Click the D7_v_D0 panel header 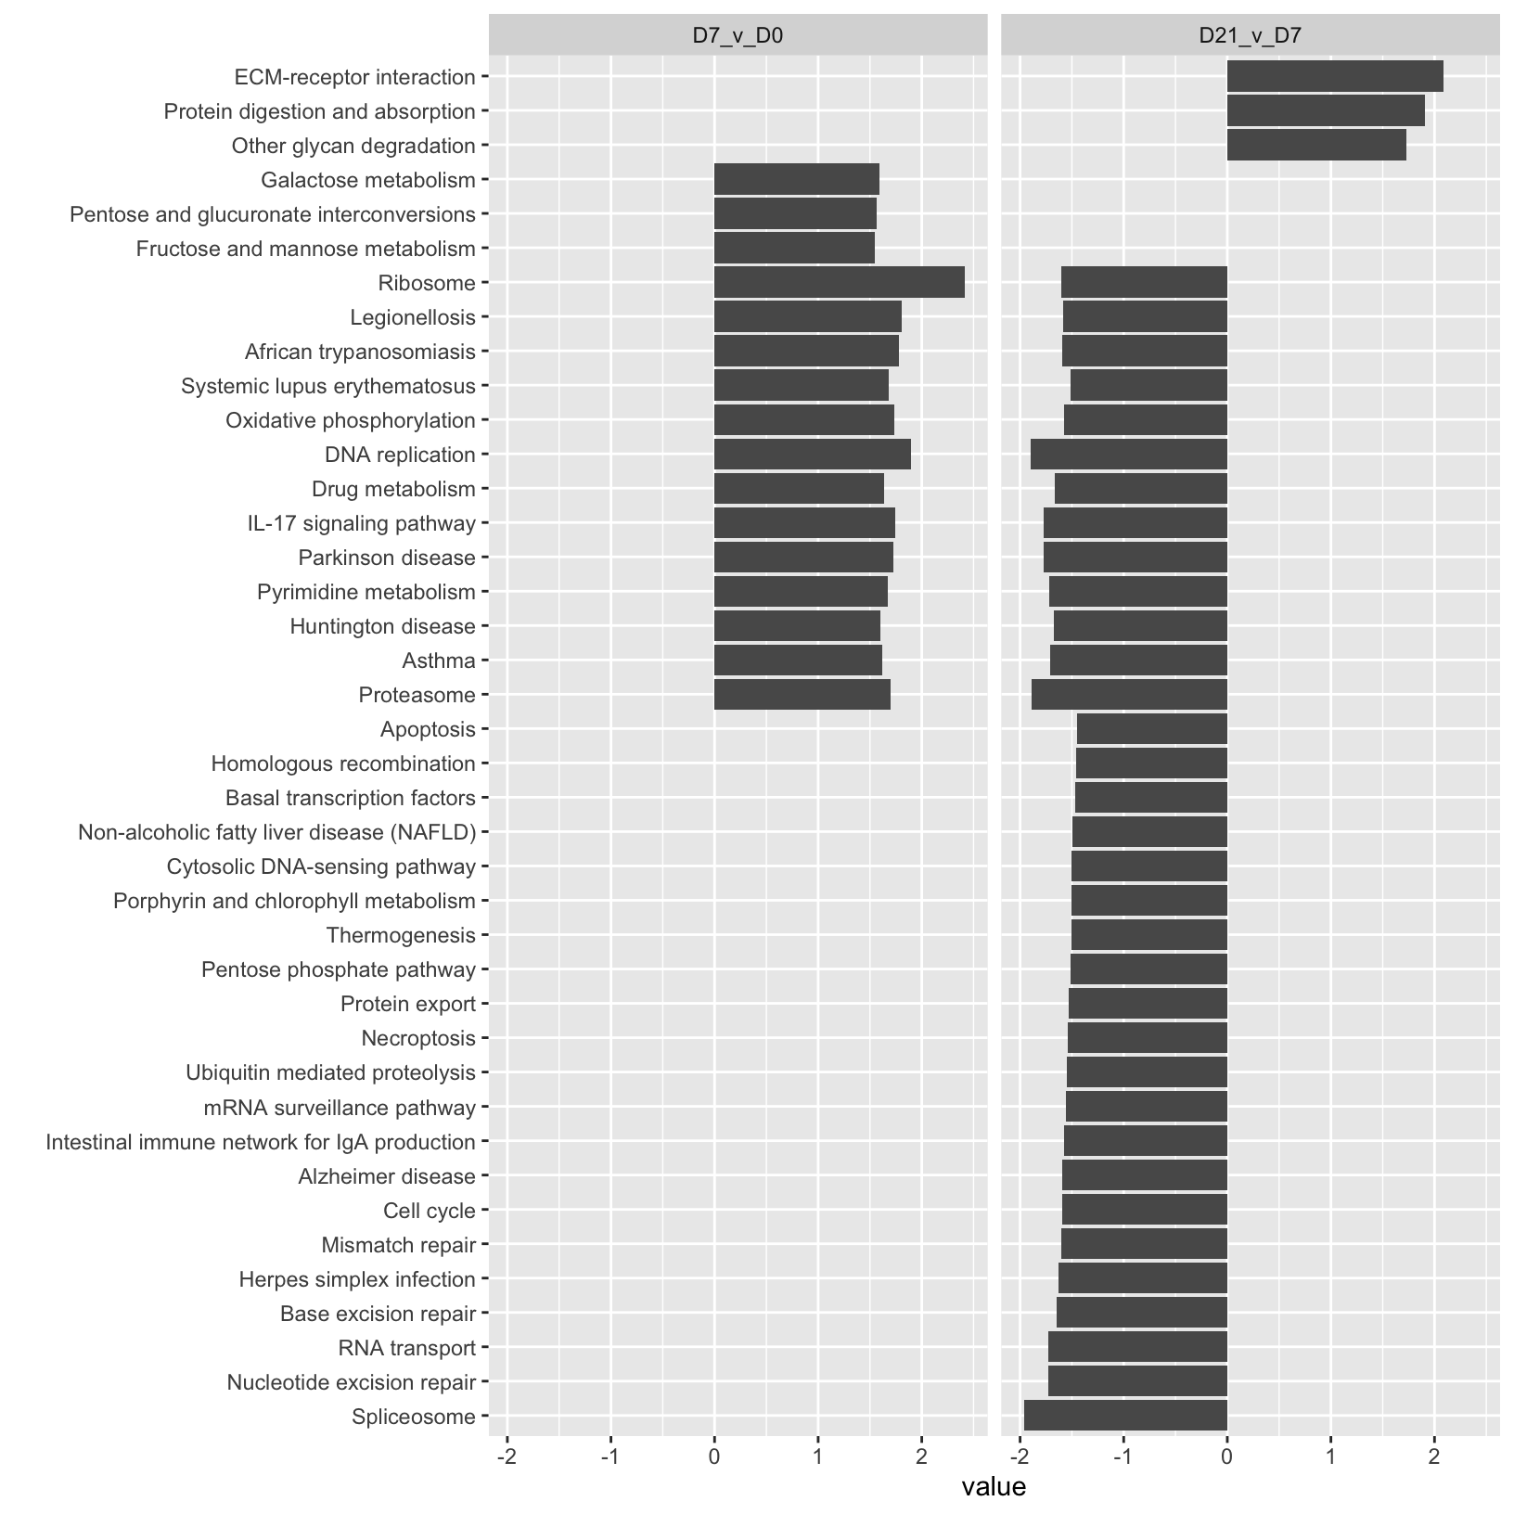click(738, 35)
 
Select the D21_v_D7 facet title click(1250, 35)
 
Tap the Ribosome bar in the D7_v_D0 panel click(839, 282)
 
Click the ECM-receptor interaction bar click(1334, 76)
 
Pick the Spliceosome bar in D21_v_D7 click(1124, 1416)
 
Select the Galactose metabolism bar click(796, 179)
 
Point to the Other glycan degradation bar click(1315, 145)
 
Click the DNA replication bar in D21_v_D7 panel click(1128, 454)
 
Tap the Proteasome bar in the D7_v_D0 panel click(802, 694)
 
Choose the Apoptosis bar click(1151, 728)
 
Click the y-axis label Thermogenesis click(401, 935)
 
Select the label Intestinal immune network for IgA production click(261, 1141)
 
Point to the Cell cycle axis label click(429, 1210)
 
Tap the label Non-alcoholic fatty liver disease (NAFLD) click(276, 832)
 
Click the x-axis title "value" click(994, 1487)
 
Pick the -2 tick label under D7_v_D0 click(507, 1457)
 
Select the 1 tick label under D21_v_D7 click(1330, 1457)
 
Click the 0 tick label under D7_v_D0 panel click(714, 1457)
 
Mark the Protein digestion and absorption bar click(1325, 110)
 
